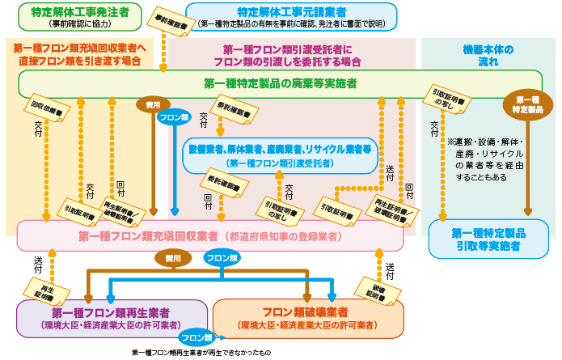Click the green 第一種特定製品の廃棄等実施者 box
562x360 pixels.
(281, 83)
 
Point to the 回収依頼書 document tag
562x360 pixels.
(41, 107)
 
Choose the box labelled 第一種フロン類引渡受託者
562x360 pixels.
(281, 155)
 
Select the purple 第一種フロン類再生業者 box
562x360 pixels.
(111, 318)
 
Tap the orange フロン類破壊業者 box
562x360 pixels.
(306, 318)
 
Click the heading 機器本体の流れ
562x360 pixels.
(488, 55)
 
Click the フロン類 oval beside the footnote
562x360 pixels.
(196, 337)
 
